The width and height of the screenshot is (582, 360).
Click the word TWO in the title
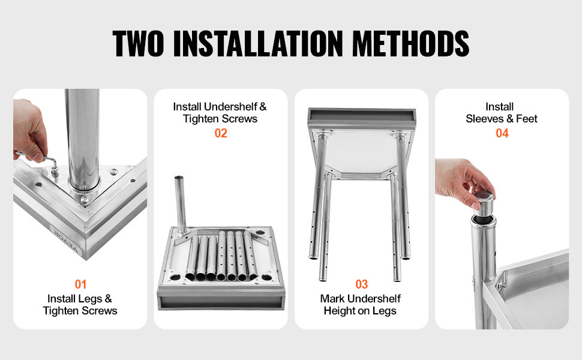(x=138, y=43)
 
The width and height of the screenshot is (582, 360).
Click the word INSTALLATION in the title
(x=258, y=43)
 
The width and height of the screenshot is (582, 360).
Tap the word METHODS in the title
(x=411, y=43)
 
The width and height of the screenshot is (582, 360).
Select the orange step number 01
(x=80, y=284)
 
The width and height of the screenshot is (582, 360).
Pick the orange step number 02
(x=221, y=133)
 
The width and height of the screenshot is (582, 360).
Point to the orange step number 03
(x=362, y=284)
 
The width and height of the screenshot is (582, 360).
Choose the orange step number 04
(x=502, y=133)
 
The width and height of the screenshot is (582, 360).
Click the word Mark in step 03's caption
(x=332, y=299)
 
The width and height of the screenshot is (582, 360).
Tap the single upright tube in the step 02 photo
(x=181, y=204)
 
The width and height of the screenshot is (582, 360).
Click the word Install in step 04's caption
(x=500, y=107)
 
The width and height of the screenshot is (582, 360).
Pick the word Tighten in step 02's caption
(x=202, y=119)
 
